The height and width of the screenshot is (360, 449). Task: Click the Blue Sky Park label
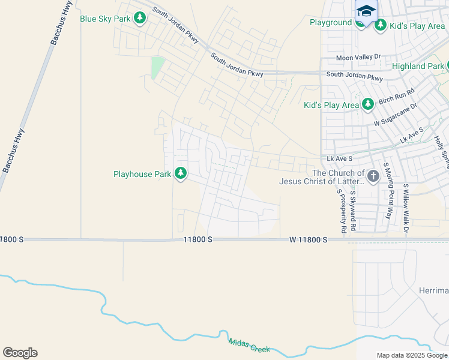tap(105, 19)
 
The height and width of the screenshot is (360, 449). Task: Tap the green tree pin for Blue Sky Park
tap(140, 19)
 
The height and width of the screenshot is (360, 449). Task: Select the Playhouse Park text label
tap(142, 175)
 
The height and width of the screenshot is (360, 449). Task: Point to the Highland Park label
tap(418, 67)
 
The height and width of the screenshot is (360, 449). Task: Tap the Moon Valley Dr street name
tap(358, 57)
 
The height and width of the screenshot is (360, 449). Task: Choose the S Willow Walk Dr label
tap(406, 208)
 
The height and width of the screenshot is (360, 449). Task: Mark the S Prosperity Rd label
tap(341, 211)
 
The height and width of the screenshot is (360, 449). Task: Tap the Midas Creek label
tap(249, 345)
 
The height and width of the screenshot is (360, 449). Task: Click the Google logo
tap(20, 353)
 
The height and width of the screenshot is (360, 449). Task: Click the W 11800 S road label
tap(308, 239)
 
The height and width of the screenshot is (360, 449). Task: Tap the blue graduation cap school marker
tap(366, 11)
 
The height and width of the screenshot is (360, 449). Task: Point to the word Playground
tap(331, 23)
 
